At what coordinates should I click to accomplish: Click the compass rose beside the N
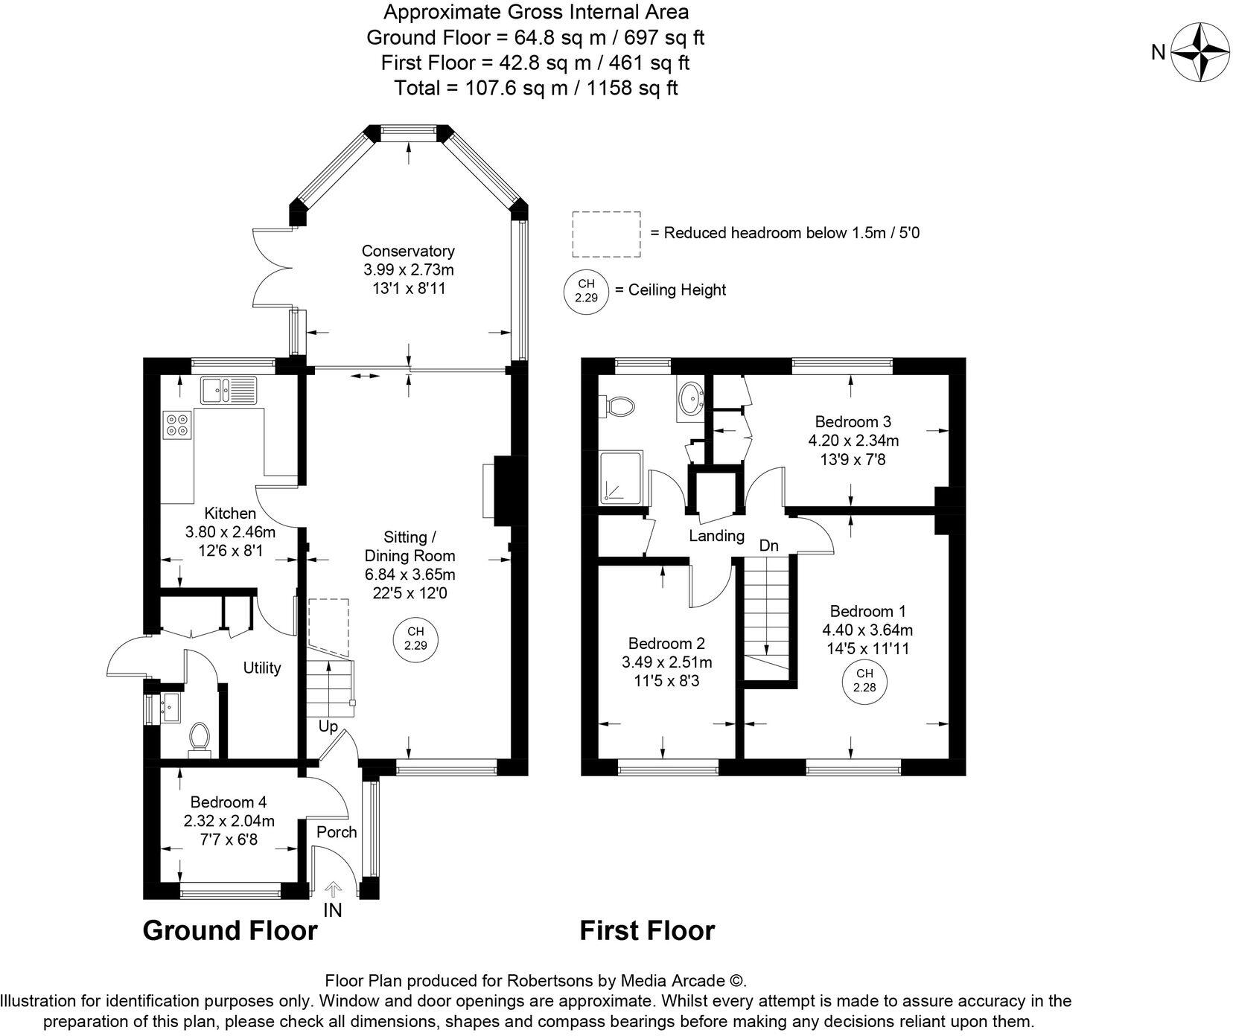pyautogui.click(x=1200, y=52)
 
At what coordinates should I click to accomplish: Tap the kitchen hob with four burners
pyautogui.click(x=178, y=424)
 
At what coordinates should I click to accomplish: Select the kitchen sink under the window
pyautogui.click(x=228, y=389)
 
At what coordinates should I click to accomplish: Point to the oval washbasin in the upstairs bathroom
pyautogui.click(x=690, y=400)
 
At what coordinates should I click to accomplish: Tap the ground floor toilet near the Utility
pyautogui.click(x=199, y=738)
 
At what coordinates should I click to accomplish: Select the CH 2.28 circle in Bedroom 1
pyautogui.click(x=864, y=680)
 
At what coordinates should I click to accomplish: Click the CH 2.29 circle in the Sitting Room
pyautogui.click(x=415, y=639)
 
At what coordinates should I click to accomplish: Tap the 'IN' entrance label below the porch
pyautogui.click(x=332, y=909)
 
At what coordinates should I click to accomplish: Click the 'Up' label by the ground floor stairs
pyautogui.click(x=328, y=726)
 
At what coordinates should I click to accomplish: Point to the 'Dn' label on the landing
pyautogui.click(x=768, y=546)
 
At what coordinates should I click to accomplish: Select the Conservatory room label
pyautogui.click(x=408, y=251)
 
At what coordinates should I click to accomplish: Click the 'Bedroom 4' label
pyautogui.click(x=229, y=802)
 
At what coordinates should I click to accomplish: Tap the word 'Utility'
pyautogui.click(x=262, y=668)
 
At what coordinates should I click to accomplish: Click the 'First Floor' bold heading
pyautogui.click(x=647, y=930)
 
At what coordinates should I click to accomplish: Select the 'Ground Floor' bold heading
pyautogui.click(x=230, y=930)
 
